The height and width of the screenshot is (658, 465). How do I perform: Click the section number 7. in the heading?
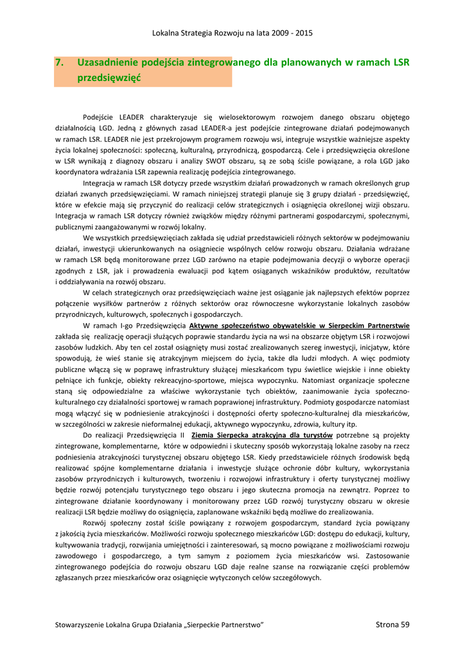pyautogui.click(x=59, y=63)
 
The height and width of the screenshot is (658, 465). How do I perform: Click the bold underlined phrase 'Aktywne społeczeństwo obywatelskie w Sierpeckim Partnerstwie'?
pyautogui.click(x=299, y=326)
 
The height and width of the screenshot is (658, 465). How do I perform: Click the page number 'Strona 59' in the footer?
pyautogui.click(x=392, y=625)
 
